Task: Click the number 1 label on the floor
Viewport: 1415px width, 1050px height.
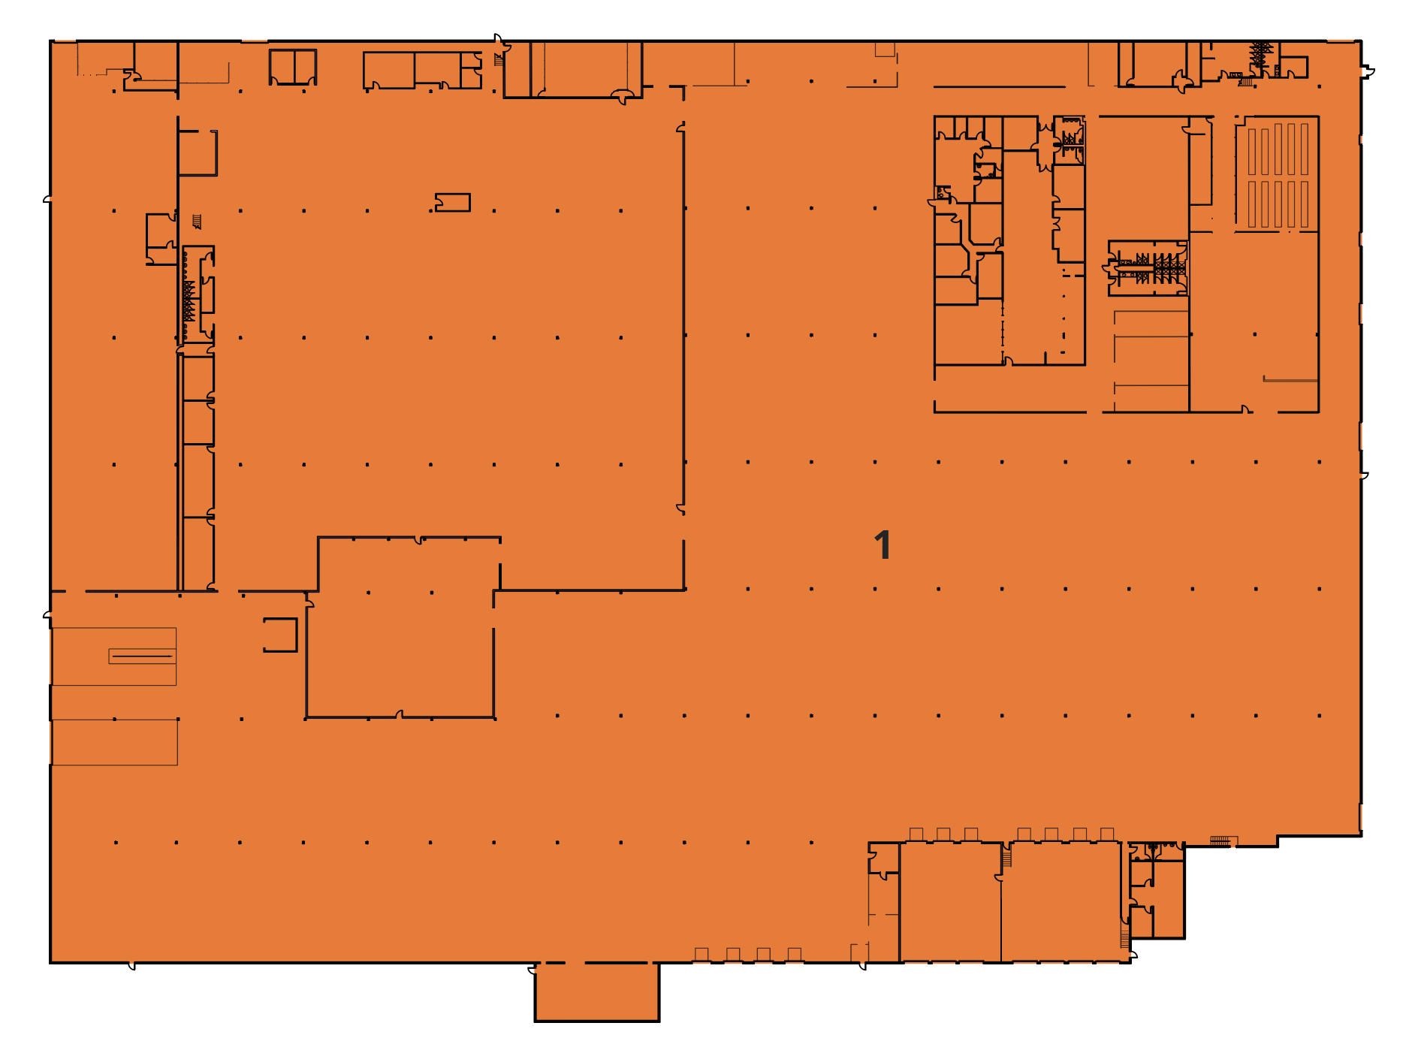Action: coord(882,545)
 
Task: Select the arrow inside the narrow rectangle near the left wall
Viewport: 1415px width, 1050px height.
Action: coord(142,656)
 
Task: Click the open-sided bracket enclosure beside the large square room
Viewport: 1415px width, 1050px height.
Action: coord(281,635)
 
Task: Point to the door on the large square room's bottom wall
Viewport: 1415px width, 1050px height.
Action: coord(400,714)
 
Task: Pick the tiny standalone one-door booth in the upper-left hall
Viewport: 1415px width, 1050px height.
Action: coord(453,202)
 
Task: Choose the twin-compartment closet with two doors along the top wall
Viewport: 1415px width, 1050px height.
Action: coord(293,67)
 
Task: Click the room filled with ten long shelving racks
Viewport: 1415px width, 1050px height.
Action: coord(1278,174)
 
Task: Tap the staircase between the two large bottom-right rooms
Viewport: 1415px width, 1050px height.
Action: coord(1006,855)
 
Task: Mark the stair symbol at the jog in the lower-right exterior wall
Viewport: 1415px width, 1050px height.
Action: coord(1220,841)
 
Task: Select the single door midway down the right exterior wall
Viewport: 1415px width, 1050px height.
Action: coord(1364,475)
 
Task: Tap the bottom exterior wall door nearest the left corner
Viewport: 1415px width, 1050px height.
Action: coord(131,966)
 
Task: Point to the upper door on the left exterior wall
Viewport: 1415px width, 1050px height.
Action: coord(47,200)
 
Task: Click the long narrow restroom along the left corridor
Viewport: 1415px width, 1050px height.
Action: coord(198,294)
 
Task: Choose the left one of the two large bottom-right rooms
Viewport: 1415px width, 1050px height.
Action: coord(950,901)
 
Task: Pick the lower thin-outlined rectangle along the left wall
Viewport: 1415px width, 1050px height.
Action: coord(115,742)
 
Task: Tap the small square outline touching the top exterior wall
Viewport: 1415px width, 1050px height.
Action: coord(885,50)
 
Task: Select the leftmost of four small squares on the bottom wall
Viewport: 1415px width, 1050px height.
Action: coord(701,955)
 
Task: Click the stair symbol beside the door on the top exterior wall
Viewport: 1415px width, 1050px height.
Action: coord(499,59)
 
